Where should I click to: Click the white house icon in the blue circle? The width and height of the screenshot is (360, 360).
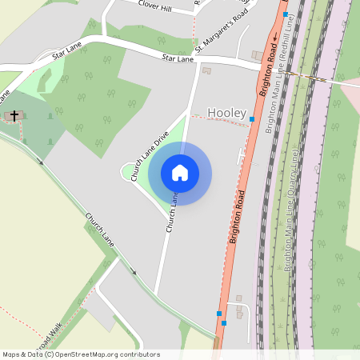pos(180,172)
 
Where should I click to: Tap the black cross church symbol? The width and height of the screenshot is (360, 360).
pos(14,117)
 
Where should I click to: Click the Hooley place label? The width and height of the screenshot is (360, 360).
pos(227,114)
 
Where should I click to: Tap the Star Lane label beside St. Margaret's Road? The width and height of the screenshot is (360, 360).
pos(178,58)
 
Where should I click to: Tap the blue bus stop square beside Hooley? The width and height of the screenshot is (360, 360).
pos(252,119)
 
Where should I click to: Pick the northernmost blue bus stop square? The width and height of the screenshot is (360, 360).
pos(286,14)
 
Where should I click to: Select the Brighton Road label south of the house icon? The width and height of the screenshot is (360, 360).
pos(236,217)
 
